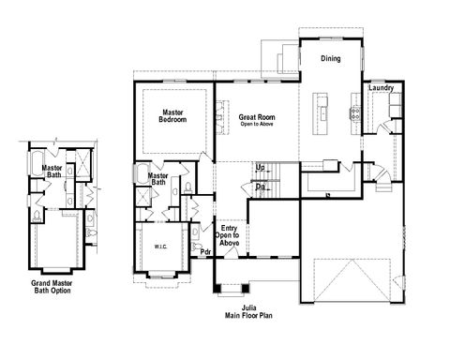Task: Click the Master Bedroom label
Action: pyautogui.click(x=172, y=116)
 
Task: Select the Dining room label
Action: pyautogui.click(x=330, y=59)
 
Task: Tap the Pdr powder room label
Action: pyautogui.click(x=205, y=251)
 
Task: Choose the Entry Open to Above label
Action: pyautogui.click(x=229, y=235)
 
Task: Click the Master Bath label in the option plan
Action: pyautogui.click(x=52, y=172)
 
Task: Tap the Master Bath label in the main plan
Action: pyautogui.click(x=158, y=178)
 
